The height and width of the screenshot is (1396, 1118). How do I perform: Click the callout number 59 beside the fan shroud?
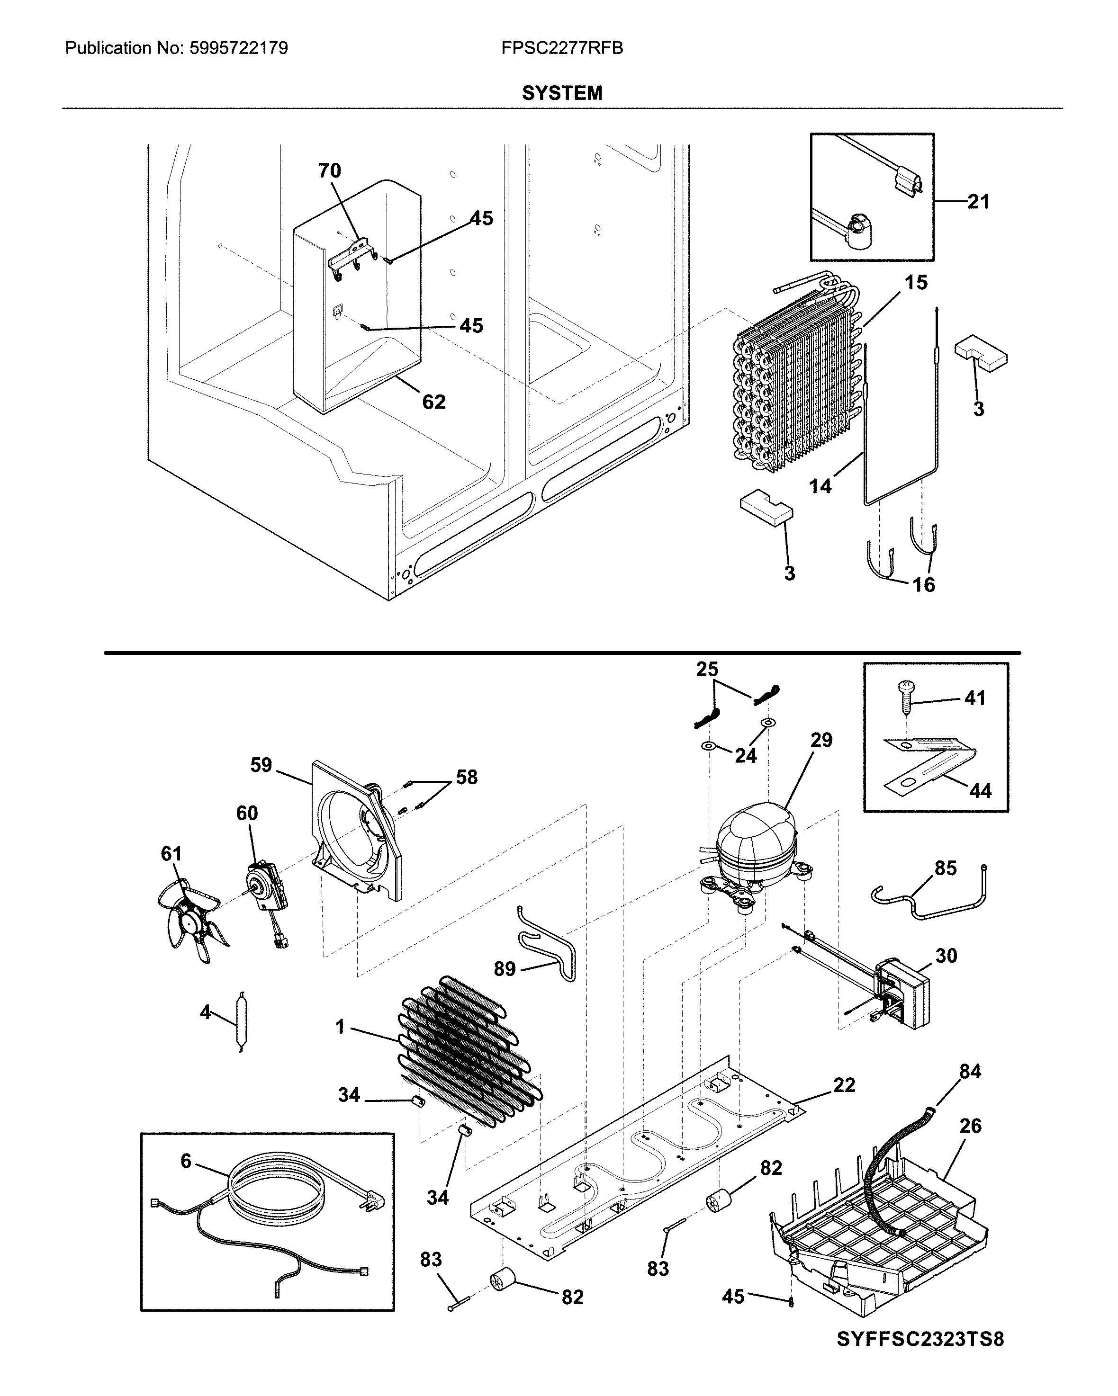tap(261, 765)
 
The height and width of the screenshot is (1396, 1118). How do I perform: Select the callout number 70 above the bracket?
tap(329, 170)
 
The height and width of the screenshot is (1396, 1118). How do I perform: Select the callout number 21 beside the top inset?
tap(978, 202)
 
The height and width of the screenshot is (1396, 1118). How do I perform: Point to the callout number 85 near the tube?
tap(946, 868)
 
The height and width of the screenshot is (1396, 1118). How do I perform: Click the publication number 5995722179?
tap(239, 48)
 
